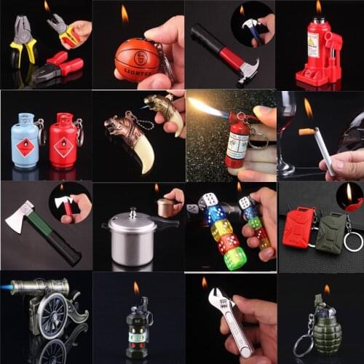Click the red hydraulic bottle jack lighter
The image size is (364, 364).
(317, 55)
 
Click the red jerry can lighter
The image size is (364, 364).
(298, 226)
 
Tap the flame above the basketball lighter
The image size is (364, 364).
(124, 14)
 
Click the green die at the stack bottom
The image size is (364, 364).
(234, 258)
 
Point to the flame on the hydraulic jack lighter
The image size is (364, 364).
(318, 7)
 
